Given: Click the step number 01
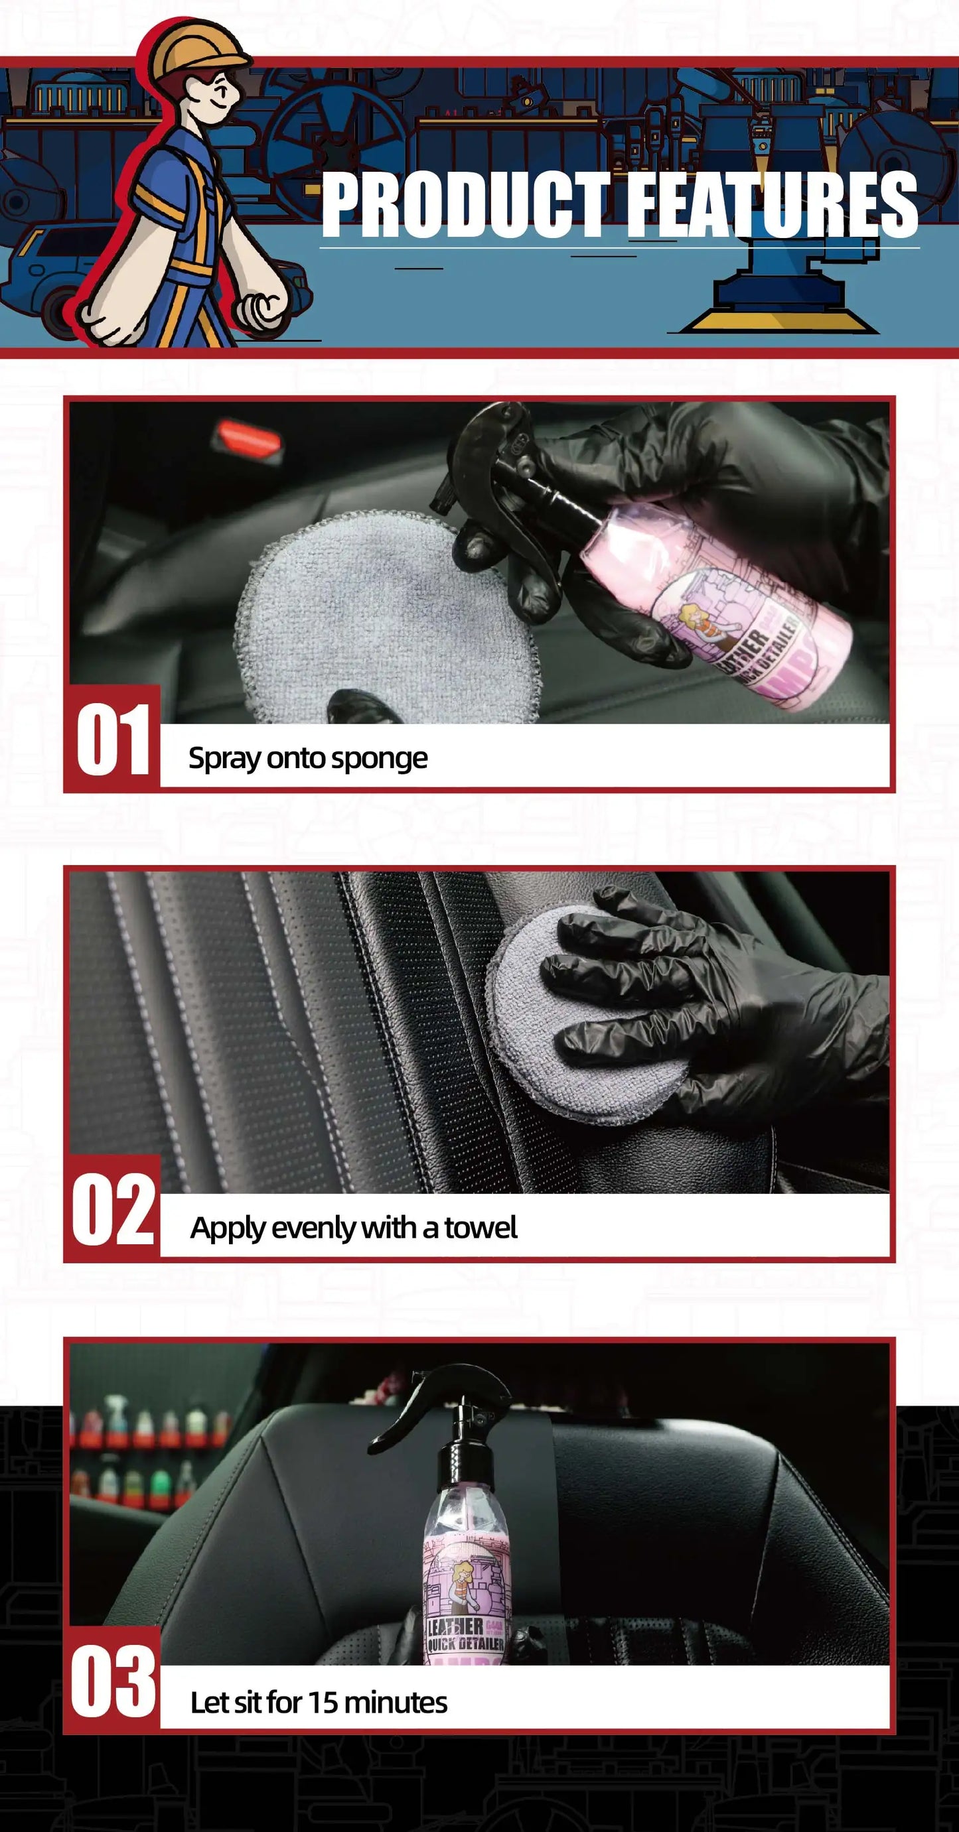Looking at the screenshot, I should [112, 740].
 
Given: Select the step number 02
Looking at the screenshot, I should [112, 1210].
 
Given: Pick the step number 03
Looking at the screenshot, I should [112, 1681].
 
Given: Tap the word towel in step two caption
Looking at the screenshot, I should [480, 1228].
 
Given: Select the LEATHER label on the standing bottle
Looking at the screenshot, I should [456, 1625].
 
